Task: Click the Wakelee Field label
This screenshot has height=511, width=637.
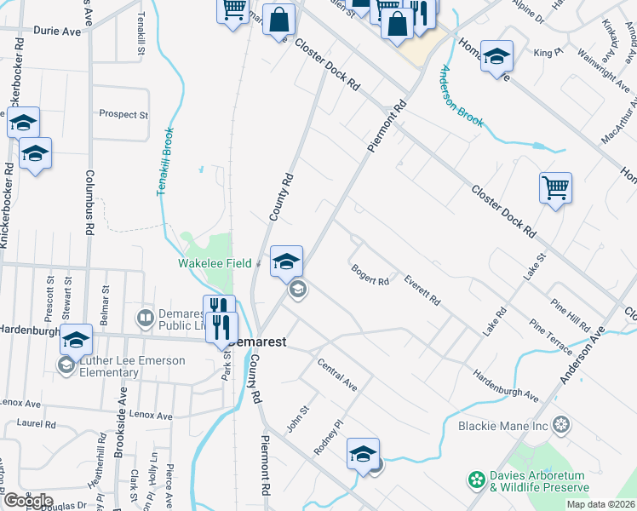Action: (x=214, y=264)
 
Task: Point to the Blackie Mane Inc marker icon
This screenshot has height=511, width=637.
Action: (x=561, y=423)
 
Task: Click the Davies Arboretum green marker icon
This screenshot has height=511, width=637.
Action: (x=475, y=481)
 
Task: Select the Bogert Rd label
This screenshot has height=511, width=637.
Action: (x=370, y=275)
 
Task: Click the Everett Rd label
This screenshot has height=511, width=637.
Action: (x=422, y=290)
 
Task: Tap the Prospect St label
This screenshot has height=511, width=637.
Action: (x=123, y=114)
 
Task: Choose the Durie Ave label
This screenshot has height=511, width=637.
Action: (x=57, y=31)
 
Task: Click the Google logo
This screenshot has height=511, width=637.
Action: (x=27, y=502)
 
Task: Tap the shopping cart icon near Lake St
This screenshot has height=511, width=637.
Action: (x=555, y=187)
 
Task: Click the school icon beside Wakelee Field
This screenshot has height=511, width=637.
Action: (x=286, y=261)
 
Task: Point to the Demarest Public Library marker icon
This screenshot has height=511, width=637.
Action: (x=145, y=319)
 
